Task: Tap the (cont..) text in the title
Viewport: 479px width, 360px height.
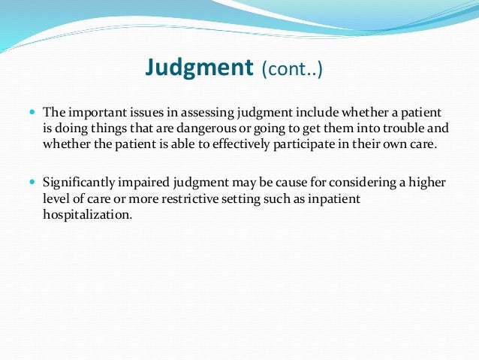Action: click(292, 71)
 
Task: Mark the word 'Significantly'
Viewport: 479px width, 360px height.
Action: click(80, 183)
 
